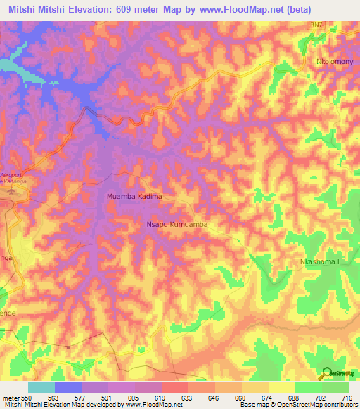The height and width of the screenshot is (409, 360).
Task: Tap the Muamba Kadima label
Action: [x=134, y=197]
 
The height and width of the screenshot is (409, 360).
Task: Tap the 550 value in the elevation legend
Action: [x=27, y=397]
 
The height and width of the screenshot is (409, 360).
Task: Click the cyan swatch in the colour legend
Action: [x=41, y=387]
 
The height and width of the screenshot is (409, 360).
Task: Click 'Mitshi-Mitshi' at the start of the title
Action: [x=40, y=9]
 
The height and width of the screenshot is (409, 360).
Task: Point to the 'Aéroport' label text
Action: [x=11, y=174]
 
